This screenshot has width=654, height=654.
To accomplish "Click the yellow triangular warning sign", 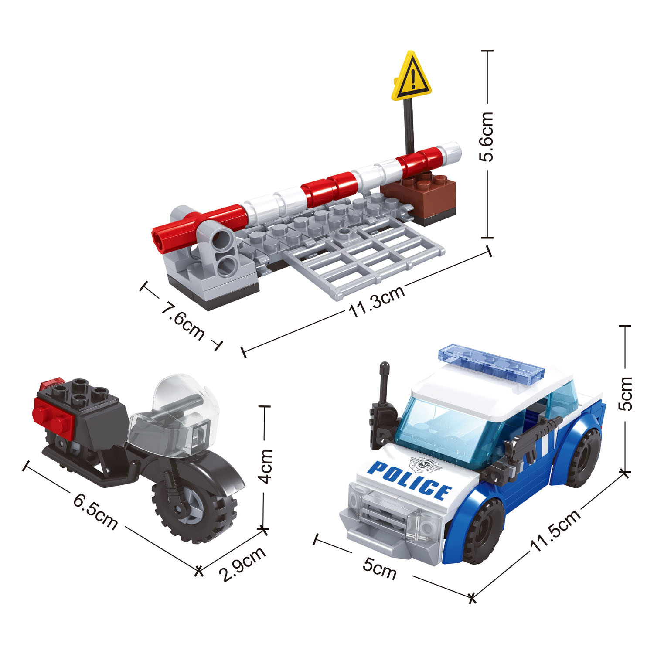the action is [412, 77].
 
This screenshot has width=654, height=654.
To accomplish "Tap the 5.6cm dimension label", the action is [487, 137].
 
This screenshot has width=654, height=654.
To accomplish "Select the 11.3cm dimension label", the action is [377, 301].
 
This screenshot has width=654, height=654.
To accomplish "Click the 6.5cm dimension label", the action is [95, 511].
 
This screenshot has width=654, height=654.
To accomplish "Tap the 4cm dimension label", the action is [265, 466].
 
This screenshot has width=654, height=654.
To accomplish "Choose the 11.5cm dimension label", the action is [555, 529].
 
